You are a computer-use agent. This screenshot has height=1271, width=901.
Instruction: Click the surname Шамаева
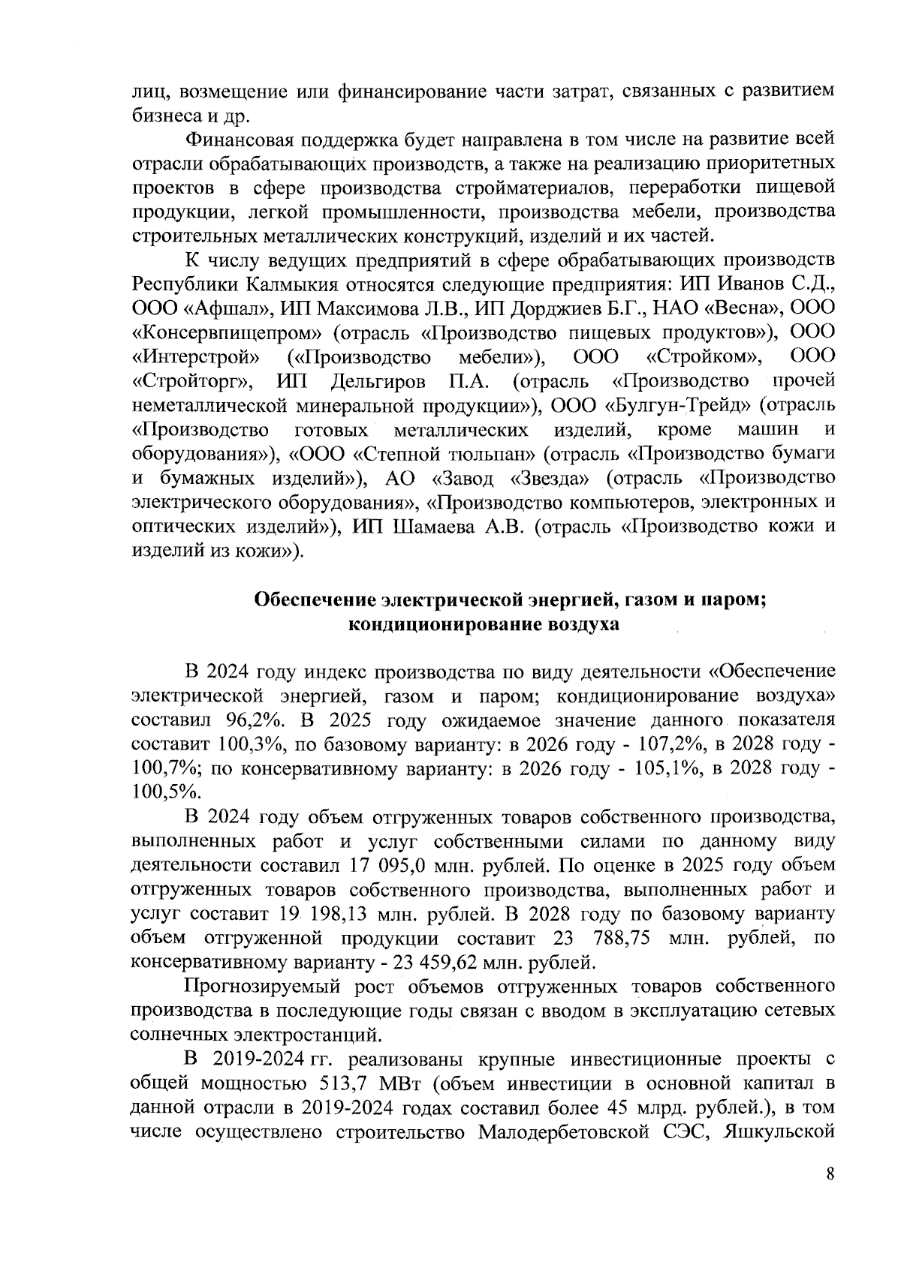[x=435, y=527]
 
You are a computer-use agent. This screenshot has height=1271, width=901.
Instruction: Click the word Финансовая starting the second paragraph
[x=238, y=140]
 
